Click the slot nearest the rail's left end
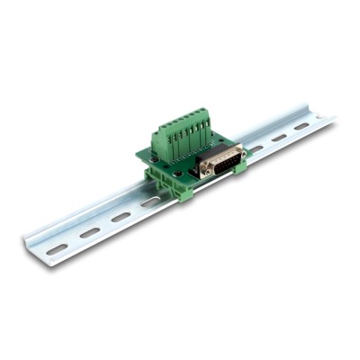57,247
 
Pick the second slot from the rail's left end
90,232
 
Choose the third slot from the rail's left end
121,217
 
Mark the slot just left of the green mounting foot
150,202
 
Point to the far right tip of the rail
333,118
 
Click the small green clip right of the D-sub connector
240,166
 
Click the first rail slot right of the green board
258,148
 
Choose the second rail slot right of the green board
280,137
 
